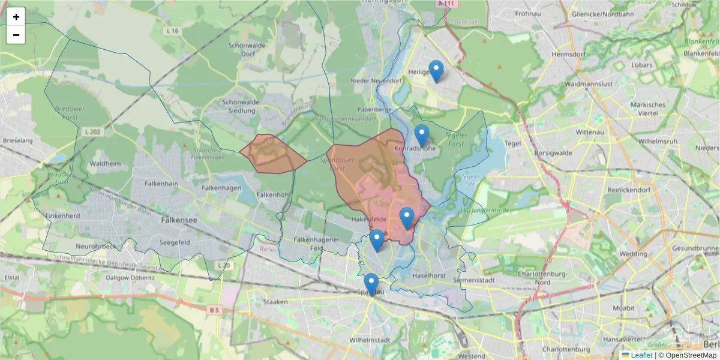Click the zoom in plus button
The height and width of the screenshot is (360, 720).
pos(16,17)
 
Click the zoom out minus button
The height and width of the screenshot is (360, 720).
pos(16,35)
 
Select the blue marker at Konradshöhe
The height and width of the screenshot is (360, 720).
pos(422,135)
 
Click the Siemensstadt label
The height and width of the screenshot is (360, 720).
pos(475,280)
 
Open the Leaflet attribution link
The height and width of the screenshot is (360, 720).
pos(641,355)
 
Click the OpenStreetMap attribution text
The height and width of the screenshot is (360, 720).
pos(687,355)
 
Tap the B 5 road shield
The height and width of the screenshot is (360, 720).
pos(214,310)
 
